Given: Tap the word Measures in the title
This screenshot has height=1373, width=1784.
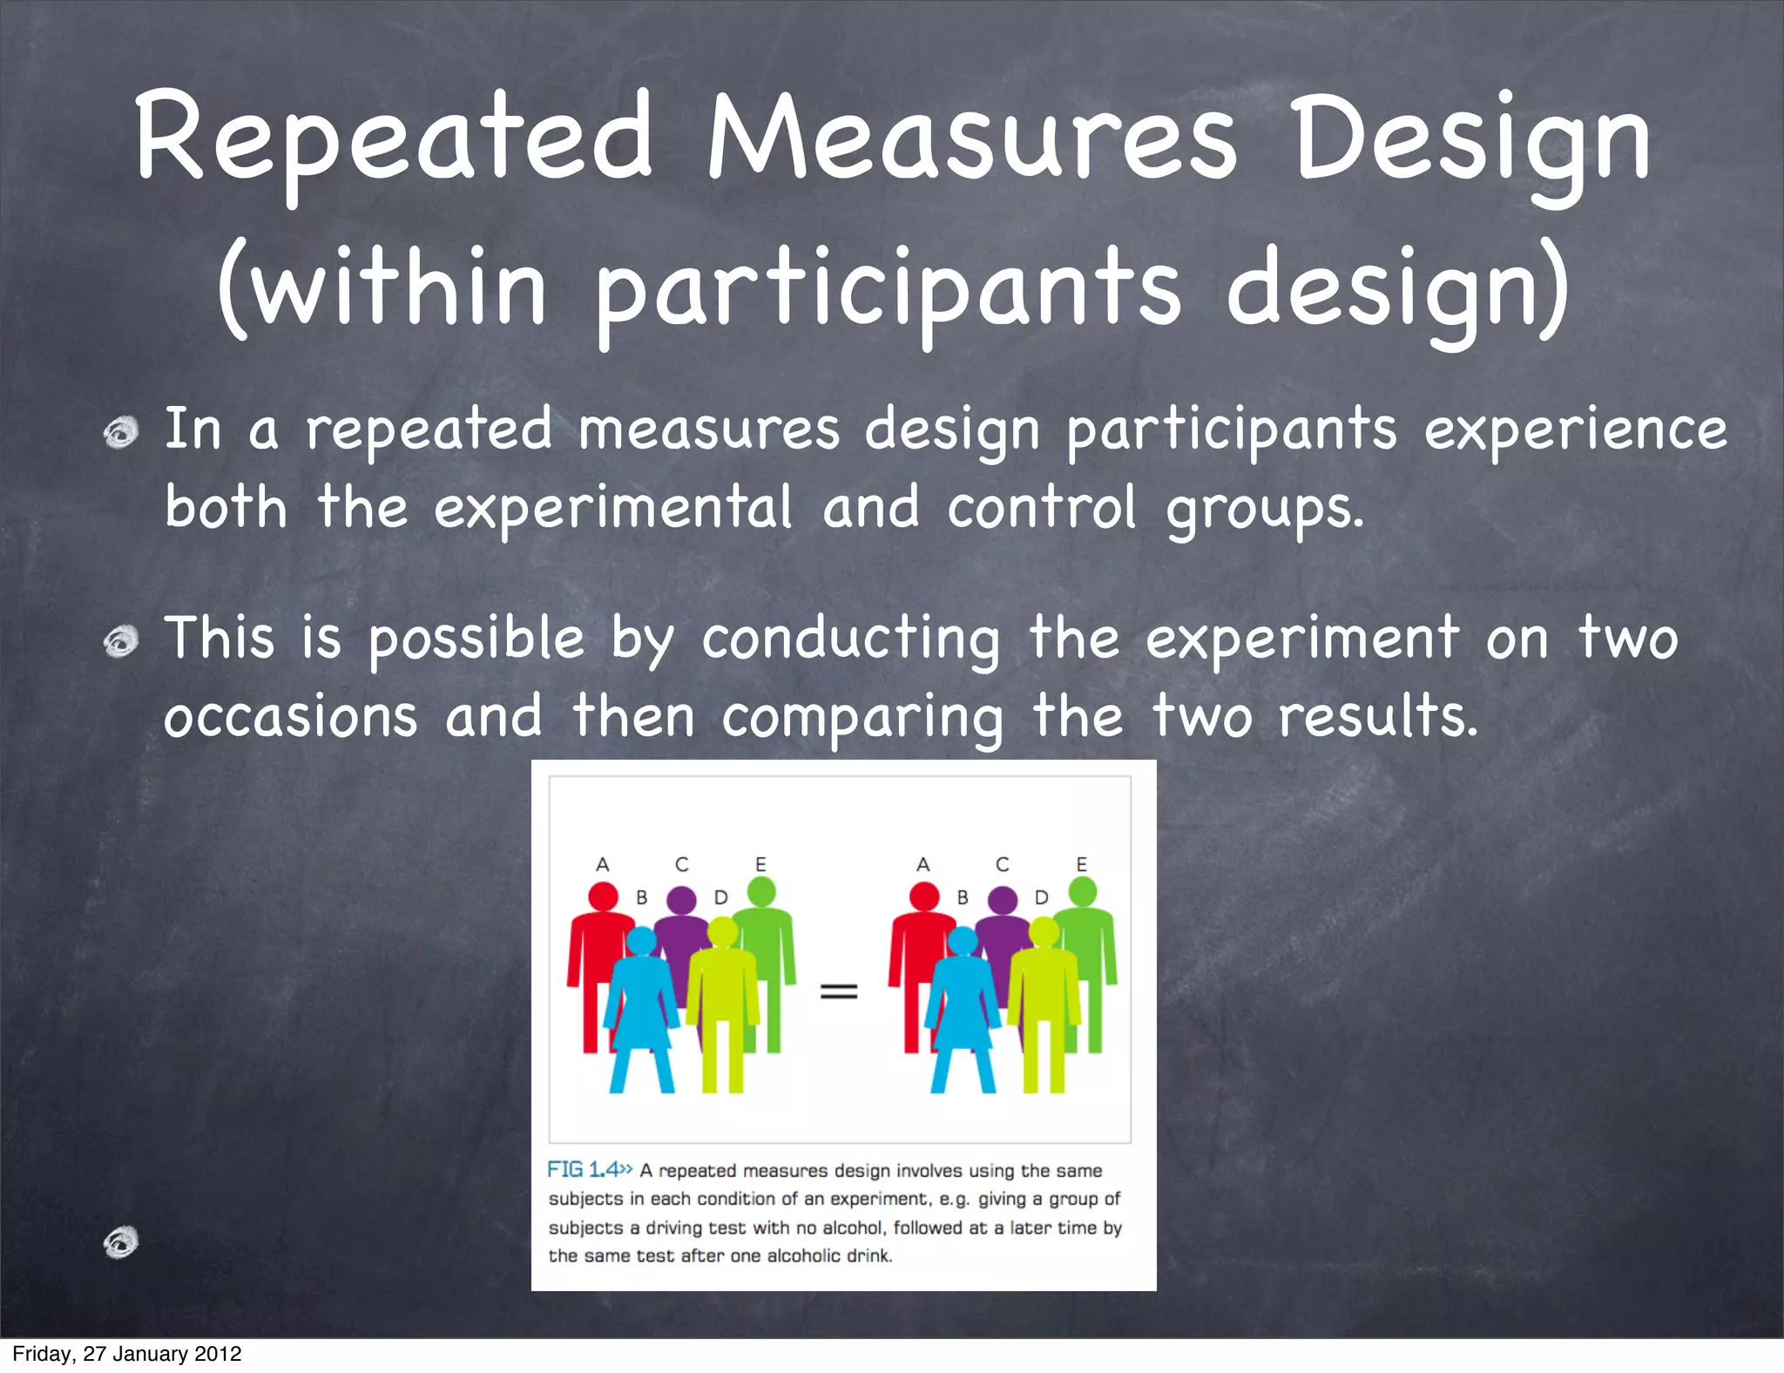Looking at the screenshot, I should click(971, 139).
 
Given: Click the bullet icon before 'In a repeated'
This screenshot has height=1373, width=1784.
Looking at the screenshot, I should click(121, 432).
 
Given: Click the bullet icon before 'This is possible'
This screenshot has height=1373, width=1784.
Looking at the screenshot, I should click(121, 642).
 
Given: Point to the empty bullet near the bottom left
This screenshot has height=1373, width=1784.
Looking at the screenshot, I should click(121, 1242).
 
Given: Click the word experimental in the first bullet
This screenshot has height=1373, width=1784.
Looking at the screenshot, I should click(613, 508).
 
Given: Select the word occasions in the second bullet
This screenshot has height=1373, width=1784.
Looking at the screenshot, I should click(291, 716).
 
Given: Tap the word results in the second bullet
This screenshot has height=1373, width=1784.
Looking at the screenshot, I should click(1376, 716).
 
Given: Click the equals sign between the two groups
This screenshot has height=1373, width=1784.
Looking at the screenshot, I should click(839, 991).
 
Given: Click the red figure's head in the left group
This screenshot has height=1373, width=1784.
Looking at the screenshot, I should click(603, 896).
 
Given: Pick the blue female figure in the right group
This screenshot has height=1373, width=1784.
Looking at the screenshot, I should click(963, 1011).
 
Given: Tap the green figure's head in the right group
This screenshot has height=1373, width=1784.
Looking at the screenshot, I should click(1083, 891).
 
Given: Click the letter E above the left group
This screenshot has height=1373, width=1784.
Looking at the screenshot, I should click(760, 864).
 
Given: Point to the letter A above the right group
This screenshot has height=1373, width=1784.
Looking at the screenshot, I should click(923, 864).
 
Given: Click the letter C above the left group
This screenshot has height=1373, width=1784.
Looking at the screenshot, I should click(681, 864).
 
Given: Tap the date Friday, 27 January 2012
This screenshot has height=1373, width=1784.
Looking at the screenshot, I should click(127, 1354).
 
